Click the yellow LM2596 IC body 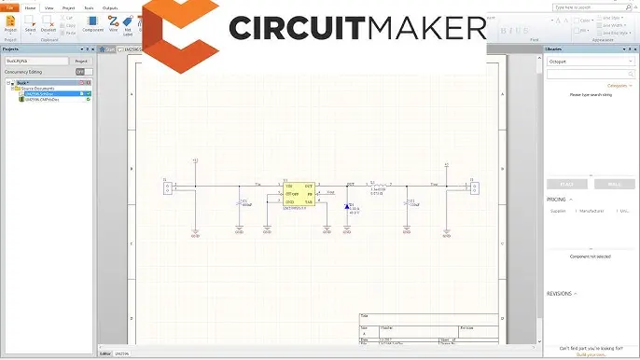tap(299, 193)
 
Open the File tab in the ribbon tap(10, 7)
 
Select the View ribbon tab tap(49, 7)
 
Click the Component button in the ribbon tap(93, 23)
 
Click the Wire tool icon tap(114, 22)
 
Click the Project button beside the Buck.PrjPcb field tap(81, 61)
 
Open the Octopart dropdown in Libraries tap(589, 61)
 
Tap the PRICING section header tap(558, 199)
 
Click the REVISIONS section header tap(560, 293)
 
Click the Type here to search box tap(589, 73)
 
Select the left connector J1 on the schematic tap(168, 188)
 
